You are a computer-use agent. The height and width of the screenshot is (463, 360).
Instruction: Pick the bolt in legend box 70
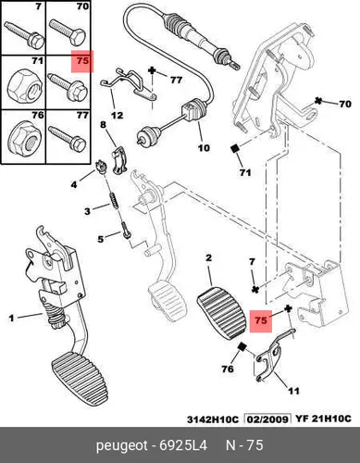click(68, 33)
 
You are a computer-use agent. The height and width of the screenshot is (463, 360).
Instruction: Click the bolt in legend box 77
click(68, 138)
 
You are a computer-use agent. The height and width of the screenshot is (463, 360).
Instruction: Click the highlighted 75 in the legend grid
click(82, 61)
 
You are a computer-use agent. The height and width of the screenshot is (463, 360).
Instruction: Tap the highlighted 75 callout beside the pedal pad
click(261, 320)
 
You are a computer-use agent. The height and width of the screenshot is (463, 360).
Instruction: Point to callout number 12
click(118, 116)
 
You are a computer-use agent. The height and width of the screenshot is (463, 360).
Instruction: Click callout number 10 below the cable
click(204, 148)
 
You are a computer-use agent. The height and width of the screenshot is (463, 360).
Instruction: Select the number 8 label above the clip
click(103, 125)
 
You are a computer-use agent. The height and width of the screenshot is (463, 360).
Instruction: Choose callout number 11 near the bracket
click(293, 391)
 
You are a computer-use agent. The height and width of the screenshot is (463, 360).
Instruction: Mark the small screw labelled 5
click(127, 230)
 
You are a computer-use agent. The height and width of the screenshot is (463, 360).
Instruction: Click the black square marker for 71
click(235, 148)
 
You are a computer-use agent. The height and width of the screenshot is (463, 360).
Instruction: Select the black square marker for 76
click(242, 347)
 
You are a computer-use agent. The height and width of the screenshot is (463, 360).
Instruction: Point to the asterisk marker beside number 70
click(317, 101)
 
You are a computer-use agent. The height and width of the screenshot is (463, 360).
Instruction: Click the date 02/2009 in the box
click(268, 419)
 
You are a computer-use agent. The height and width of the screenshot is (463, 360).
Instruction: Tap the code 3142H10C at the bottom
click(213, 419)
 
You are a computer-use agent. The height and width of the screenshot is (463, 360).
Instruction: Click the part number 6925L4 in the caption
click(183, 445)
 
